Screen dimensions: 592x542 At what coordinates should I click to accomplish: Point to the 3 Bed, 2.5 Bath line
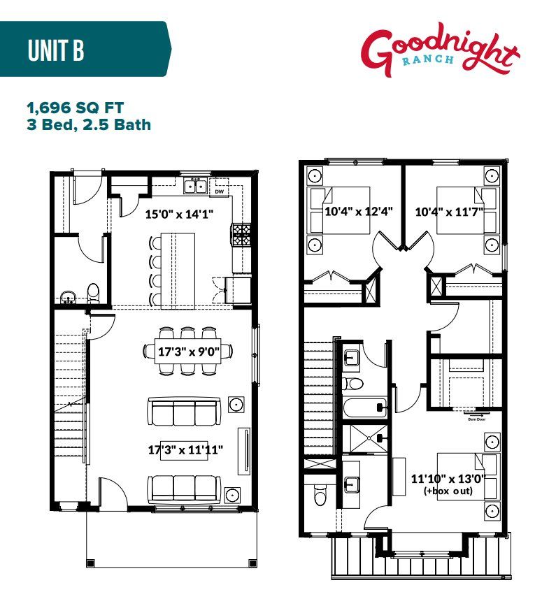point(89,125)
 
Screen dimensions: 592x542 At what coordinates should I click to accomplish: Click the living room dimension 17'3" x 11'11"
point(185,449)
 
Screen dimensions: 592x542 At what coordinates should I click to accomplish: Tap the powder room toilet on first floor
point(92,291)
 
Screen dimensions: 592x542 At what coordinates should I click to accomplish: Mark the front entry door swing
point(112,493)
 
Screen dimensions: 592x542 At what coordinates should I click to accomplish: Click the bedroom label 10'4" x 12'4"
point(349,210)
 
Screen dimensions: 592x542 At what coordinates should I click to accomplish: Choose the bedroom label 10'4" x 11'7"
point(449,210)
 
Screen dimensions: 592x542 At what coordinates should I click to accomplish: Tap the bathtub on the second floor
point(363,407)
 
